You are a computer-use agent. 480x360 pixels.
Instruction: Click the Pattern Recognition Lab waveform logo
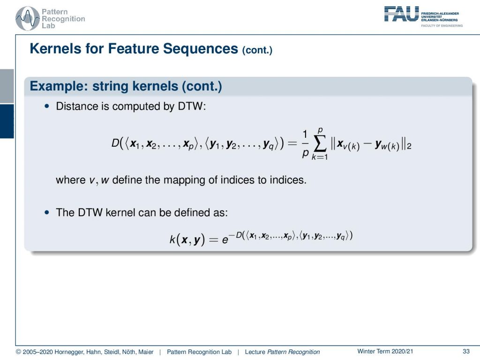(28, 18)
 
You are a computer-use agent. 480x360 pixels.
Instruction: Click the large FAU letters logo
(401, 14)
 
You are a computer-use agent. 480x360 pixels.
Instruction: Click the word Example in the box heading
(59, 86)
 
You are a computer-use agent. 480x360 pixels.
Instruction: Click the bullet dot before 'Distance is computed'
(46, 106)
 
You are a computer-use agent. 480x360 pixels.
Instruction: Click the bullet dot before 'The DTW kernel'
(46, 212)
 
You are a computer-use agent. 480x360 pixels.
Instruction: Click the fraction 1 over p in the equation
(305, 143)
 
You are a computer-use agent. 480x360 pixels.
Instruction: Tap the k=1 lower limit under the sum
(320, 157)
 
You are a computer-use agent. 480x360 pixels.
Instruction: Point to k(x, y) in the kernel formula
(187, 239)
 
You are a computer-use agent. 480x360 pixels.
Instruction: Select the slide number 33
(466, 352)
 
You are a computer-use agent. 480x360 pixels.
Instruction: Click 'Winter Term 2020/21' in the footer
(385, 352)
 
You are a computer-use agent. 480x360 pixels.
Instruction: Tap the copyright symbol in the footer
(18, 352)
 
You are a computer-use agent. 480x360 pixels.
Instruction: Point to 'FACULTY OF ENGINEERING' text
(442, 26)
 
